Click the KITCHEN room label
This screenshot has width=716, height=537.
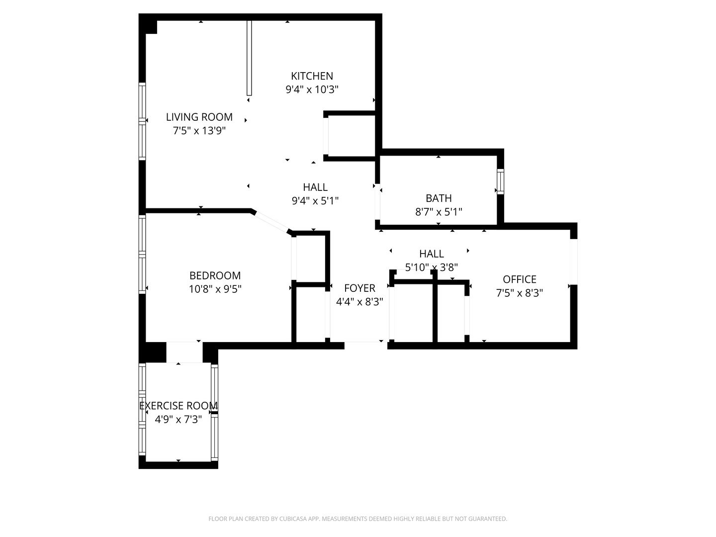tap(312, 76)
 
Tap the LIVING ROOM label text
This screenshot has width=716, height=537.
tap(199, 117)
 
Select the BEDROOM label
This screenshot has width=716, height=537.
tap(215, 275)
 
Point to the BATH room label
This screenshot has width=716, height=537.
tap(439, 198)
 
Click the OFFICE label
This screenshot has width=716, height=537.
tap(519, 279)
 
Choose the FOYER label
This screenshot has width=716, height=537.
tap(359, 288)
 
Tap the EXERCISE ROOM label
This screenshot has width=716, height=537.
tap(178, 406)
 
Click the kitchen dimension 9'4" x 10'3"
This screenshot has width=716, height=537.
tap(312, 90)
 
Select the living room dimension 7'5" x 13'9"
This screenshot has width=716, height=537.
tap(199, 131)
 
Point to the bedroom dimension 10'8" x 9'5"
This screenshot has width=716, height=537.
tap(215, 289)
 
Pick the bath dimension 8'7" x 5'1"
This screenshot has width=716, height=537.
tap(439, 212)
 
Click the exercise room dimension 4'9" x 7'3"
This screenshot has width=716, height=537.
tap(178, 420)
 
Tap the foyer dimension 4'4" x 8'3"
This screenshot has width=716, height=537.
tap(359, 302)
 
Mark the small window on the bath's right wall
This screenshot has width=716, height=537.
tap(500, 182)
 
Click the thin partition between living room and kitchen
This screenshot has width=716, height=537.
tap(249, 58)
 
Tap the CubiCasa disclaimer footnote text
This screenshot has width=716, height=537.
tap(358, 519)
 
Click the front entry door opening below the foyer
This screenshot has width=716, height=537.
tap(365, 343)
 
